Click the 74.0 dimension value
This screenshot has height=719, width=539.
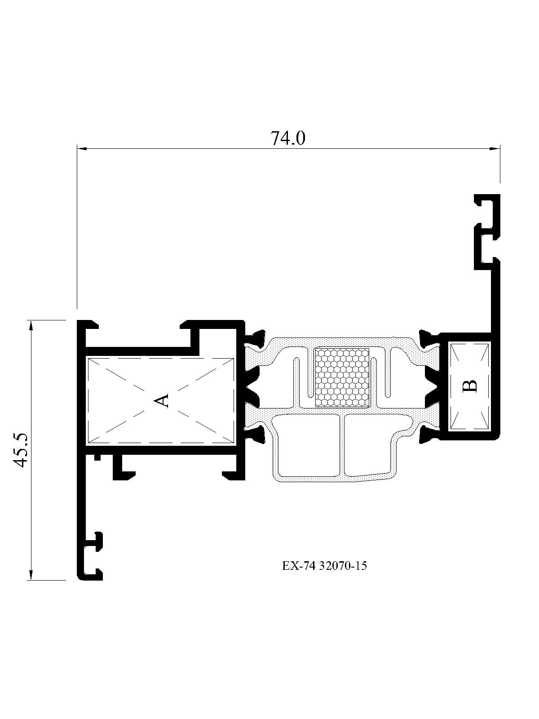pyautogui.click(x=287, y=138)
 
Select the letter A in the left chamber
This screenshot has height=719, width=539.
pyautogui.click(x=161, y=401)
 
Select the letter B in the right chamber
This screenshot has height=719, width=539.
pyautogui.click(x=470, y=386)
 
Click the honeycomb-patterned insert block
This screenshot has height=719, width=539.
pyautogui.click(x=341, y=377)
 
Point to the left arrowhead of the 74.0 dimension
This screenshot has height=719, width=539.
pyautogui.click(x=82, y=149)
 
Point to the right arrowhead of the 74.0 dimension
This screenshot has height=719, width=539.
pyautogui.click(x=495, y=149)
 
